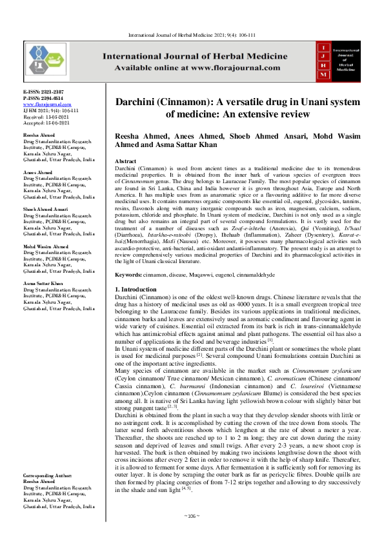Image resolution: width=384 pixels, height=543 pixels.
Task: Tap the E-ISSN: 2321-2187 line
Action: tap(43, 93)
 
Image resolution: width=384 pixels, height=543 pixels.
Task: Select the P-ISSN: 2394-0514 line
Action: tap(43, 98)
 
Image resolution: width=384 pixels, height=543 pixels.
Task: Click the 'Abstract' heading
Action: tap(125, 160)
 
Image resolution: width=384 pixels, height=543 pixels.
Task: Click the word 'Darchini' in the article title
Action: tap(141, 103)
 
